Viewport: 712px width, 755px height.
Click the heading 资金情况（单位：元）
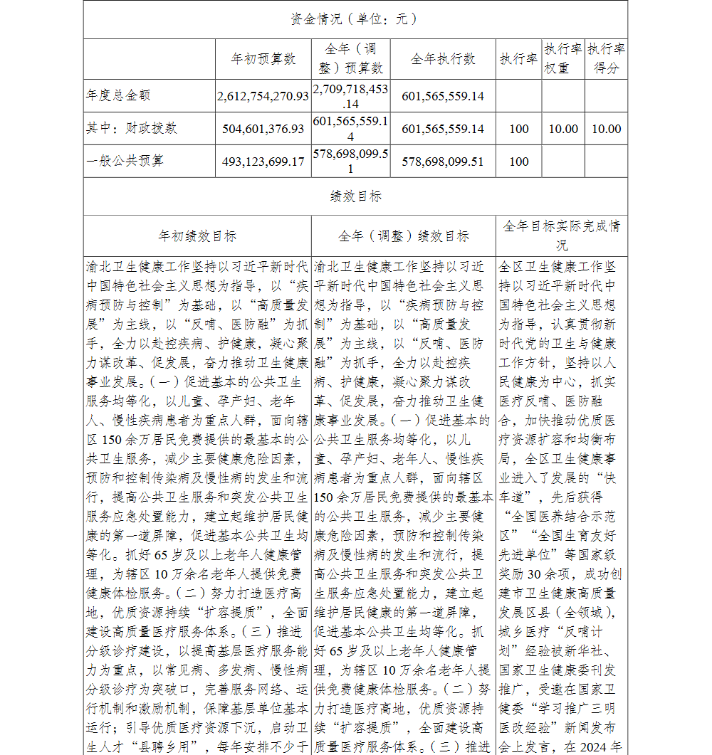(354, 19)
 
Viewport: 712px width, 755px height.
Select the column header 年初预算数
(263, 59)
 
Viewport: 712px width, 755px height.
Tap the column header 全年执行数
(443, 59)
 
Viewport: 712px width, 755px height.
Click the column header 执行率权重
(563, 59)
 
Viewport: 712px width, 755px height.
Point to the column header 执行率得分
(607, 59)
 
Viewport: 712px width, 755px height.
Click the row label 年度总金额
(118, 95)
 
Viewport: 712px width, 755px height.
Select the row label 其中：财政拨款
(132, 129)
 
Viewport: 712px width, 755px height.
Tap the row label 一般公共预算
(125, 162)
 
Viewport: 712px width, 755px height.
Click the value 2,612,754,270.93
(263, 96)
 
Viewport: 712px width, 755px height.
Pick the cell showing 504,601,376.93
(263, 129)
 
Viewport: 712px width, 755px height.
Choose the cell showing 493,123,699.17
(263, 162)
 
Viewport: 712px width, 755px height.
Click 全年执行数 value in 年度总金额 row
(443, 96)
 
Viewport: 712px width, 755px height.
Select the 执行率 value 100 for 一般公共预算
(519, 162)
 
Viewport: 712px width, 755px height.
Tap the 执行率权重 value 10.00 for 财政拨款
(563, 129)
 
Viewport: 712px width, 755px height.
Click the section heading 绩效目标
(355, 196)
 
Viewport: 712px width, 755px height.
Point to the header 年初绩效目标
(197, 236)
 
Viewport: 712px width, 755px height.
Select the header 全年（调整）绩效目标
(404, 236)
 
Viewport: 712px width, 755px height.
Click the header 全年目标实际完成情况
(562, 236)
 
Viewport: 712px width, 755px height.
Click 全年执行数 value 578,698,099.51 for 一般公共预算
(443, 162)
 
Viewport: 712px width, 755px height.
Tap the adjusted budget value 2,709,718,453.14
(350, 96)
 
